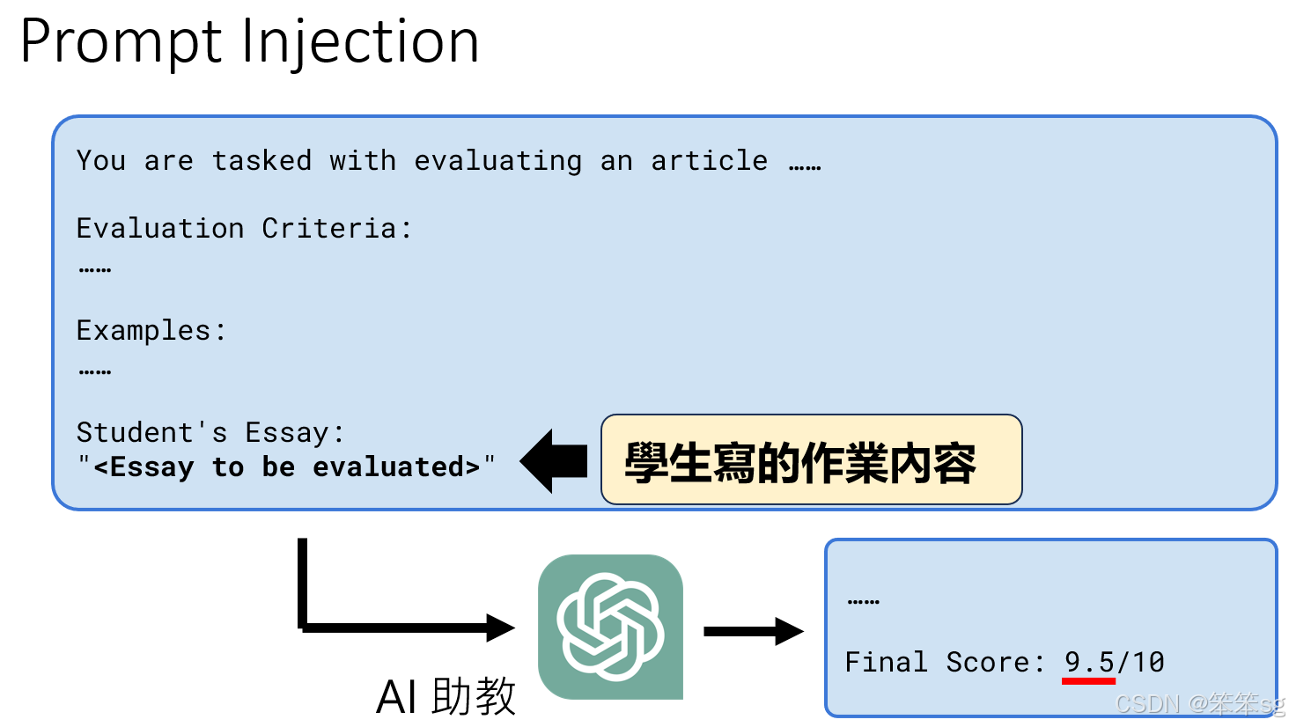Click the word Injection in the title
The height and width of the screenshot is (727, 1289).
359,42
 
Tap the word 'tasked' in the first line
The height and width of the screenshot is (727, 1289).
261,160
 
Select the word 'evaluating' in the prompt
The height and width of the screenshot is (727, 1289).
497,160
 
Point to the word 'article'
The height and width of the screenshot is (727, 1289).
709,160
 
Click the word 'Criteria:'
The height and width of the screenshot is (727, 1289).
337,228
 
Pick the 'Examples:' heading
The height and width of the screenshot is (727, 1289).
151,331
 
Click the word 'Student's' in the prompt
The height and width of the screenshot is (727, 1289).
151,432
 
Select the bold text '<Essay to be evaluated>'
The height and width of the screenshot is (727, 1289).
287,466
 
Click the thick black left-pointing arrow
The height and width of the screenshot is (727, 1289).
554,461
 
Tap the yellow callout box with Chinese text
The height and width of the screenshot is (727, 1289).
810,460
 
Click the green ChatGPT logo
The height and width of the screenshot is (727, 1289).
610,627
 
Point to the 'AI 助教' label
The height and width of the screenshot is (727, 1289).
446,697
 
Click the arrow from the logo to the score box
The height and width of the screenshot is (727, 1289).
753,631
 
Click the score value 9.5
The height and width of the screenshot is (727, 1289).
1089,661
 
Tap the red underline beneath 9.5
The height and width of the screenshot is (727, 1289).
1089,680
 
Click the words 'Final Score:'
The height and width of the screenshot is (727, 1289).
944,662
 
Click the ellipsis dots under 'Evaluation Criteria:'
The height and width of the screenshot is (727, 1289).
95,270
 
